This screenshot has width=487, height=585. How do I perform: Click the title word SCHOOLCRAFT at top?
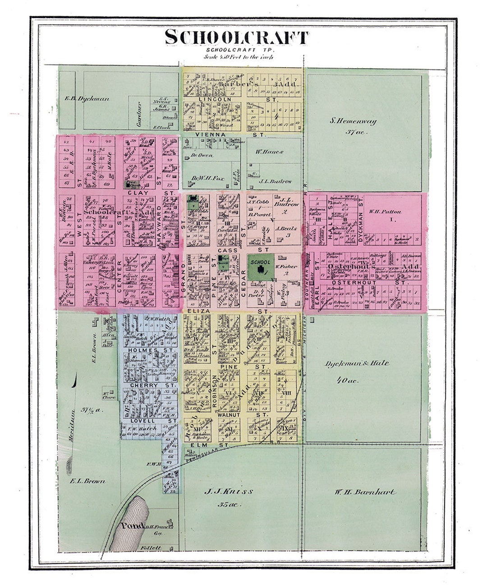click(237, 37)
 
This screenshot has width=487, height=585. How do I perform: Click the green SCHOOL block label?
click(260, 262)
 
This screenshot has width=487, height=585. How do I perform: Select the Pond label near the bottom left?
click(132, 526)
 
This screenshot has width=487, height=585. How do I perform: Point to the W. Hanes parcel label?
click(269, 152)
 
